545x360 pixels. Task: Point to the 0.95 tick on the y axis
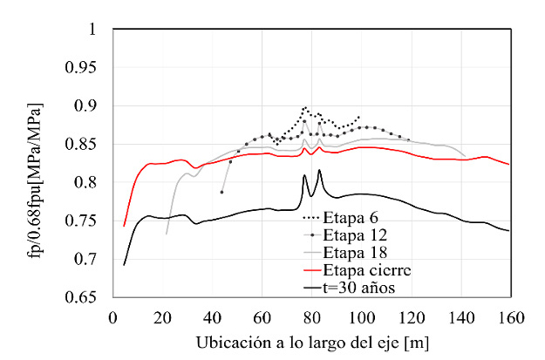(x=89, y=68)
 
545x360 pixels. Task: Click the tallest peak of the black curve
(x=319, y=170)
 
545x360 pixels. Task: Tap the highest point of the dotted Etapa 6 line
(x=305, y=107)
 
